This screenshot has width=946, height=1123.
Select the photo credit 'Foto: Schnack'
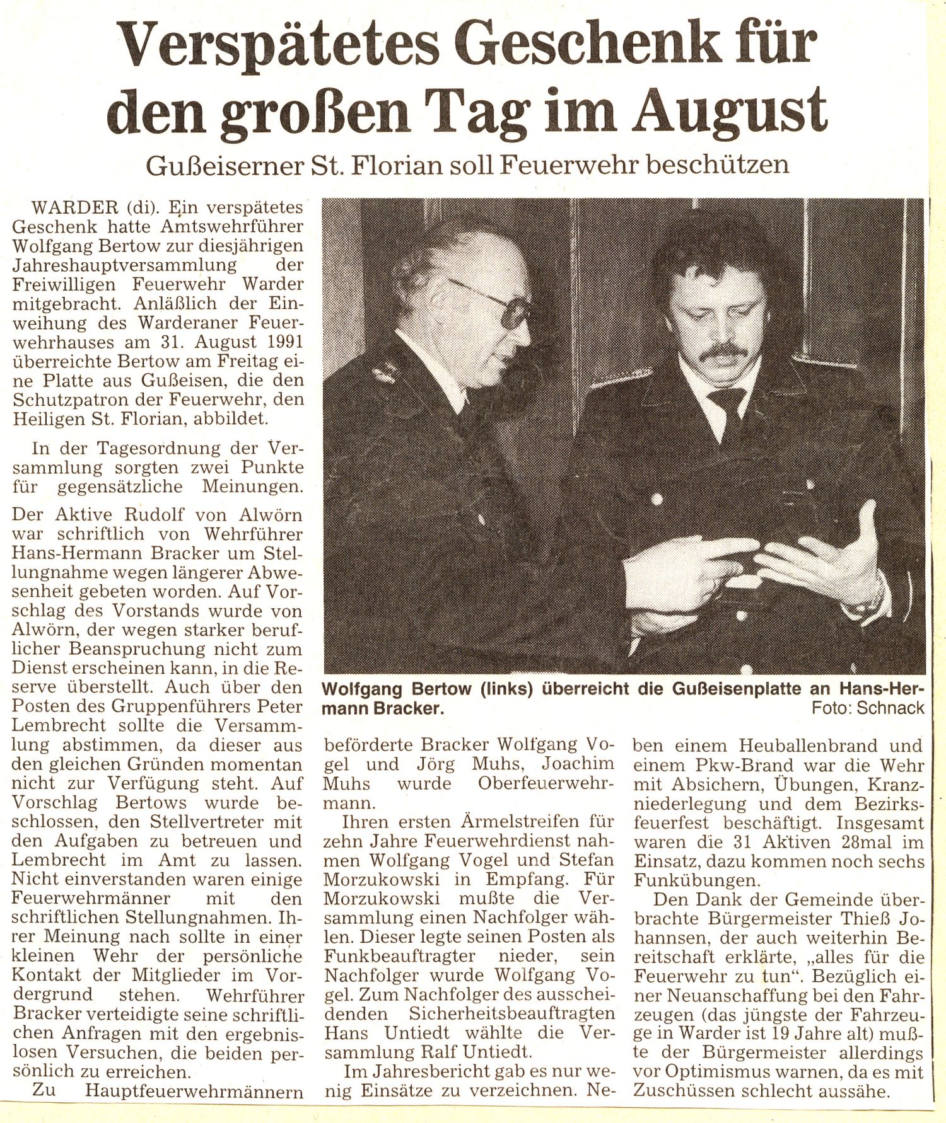[868, 707]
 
